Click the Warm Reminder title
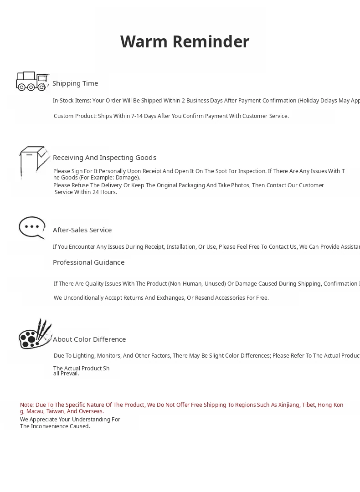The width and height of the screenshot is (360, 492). click(185, 41)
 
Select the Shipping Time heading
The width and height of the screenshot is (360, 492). click(75, 83)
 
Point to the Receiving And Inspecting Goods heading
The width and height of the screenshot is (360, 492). click(104, 158)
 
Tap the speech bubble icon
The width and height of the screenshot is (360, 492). click(32, 227)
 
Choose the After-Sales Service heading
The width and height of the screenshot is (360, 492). click(82, 230)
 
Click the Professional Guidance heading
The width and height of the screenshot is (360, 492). click(88, 262)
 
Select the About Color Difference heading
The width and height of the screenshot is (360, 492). click(89, 339)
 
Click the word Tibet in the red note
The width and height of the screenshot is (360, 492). click(308, 405)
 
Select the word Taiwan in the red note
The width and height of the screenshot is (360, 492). click(55, 411)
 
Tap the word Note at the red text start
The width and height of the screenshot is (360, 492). click(26, 405)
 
